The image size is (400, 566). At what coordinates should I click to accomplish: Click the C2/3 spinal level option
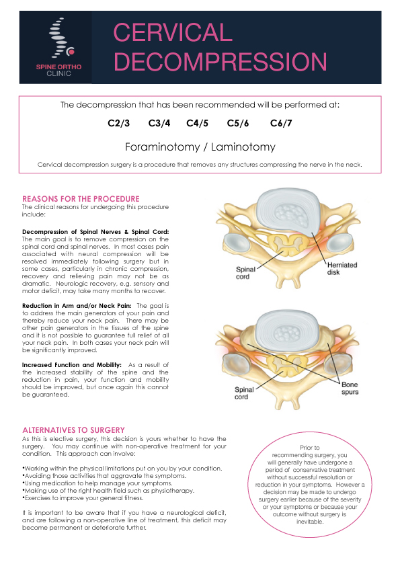coord(119,124)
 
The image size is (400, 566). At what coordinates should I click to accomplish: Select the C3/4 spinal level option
coord(159,124)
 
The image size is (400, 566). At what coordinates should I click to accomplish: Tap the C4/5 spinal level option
coord(198,124)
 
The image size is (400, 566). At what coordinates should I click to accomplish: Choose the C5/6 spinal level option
coord(238,124)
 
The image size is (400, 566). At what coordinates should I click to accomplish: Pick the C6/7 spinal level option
coord(281,124)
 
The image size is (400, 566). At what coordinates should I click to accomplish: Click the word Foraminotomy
coord(163,147)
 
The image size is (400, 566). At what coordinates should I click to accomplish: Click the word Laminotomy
coord(243,147)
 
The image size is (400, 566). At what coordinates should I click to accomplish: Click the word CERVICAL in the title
coord(173,32)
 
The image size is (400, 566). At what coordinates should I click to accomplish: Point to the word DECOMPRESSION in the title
coord(221,61)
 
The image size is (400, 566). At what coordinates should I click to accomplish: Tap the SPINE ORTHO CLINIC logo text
coord(59,70)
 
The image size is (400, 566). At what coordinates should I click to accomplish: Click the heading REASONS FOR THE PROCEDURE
coord(81,199)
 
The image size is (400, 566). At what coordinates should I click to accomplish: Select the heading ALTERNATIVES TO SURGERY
coord(74,430)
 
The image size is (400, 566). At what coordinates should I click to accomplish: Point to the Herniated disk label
coord(342,269)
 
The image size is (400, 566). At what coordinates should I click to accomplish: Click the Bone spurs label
coord(350,389)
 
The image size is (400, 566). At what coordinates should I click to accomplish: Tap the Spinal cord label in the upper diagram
coord(245,273)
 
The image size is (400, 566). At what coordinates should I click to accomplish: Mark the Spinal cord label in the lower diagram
coord(244,393)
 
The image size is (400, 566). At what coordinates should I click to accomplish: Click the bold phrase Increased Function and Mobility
coord(71,365)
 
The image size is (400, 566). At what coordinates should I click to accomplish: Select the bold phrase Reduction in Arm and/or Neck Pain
coord(77,306)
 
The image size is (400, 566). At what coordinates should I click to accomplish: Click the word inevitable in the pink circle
coord(310,522)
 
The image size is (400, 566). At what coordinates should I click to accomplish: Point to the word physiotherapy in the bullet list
coord(172,491)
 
